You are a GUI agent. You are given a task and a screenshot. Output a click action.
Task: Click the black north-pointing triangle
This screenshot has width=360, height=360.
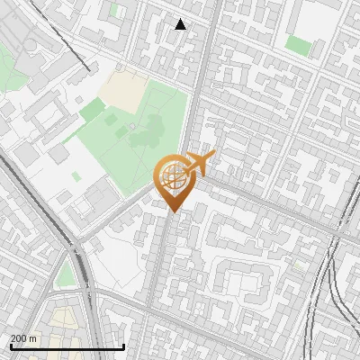(181, 25)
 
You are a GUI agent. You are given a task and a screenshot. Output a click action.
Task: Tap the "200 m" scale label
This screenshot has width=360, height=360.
(23, 338)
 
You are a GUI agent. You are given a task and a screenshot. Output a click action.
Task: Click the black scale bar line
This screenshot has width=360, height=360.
(67, 346)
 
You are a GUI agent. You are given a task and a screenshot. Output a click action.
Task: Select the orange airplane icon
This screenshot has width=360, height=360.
(197, 165)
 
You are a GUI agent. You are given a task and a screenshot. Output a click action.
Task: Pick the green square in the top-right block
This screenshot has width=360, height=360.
(298, 44)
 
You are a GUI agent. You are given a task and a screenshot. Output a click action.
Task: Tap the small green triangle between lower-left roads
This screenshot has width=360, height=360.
(65, 275)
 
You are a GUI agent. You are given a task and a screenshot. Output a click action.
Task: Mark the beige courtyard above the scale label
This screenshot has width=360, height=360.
(63, 319)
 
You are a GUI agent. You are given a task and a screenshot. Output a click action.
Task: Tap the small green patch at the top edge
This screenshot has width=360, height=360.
(115, 11)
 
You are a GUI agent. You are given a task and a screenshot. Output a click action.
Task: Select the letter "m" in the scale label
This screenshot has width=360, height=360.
(32, 338)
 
